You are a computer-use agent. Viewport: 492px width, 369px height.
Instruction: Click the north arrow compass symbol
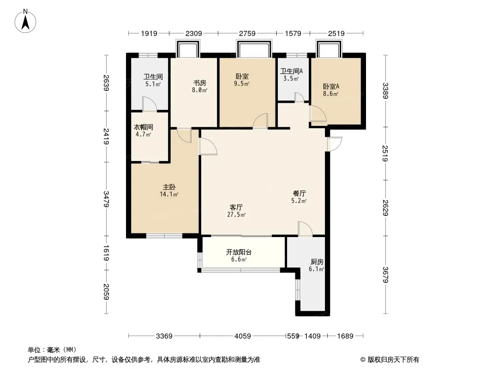pyautogui.click(x=25, y=21)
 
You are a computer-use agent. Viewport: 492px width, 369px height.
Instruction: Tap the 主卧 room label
pyautogui.click(x=169, y=187)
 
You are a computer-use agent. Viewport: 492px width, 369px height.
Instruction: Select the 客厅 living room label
pyautogui.click(x=236, y=208)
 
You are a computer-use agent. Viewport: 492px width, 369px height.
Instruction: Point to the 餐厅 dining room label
pyautogui.click(x=300, y=194)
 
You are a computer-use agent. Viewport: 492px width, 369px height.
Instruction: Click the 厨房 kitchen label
pyautogui.click(x=317, y=262)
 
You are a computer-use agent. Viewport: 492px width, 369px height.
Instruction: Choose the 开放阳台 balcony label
pyautogui.click(x=239, y=252)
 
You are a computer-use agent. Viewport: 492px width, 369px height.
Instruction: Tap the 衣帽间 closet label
pyautogui.click(x=144, y=127)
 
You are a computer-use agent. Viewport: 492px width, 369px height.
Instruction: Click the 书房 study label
pyautogui.click(x=199, y=83)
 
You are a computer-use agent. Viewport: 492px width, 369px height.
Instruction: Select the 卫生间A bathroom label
pyautogui.click(x=291, y=71)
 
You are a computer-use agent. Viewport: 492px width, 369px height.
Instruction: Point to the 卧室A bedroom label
pyautogui.click(x=331, y=86)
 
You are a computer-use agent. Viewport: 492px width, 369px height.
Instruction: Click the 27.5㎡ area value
pyautogui.click(x=236, y=215)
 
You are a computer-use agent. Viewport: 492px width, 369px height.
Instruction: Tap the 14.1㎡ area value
pyautogui.click(x=169, y=194)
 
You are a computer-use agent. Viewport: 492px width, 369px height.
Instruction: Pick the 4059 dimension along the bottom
pyautogui.click(x=243, y=336)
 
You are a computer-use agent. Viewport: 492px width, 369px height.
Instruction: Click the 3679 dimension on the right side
pyautogui.click(x=386, y=274)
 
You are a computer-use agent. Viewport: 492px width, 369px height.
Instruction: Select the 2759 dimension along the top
pyautogui.click(x=247, y=33)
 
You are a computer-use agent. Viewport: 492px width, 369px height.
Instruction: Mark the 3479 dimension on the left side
pyautogui.click(x=106, y=199)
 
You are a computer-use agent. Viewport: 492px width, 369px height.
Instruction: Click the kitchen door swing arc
pyautogui.click(x=305, y=228)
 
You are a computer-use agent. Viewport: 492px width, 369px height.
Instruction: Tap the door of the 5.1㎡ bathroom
pyautogui.click(x=149, y=104)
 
